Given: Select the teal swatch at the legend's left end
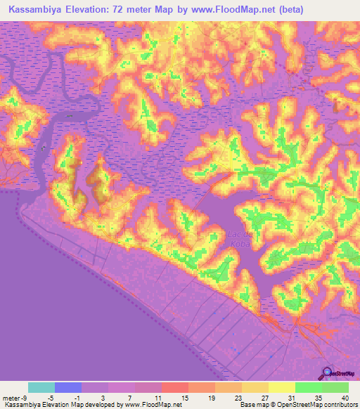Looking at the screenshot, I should coord(41,387).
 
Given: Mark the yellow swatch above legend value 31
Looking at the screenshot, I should coord(282,387).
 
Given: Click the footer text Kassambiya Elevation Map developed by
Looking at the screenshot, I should coord(61,405).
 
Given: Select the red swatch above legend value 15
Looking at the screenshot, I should coord(175,387).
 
